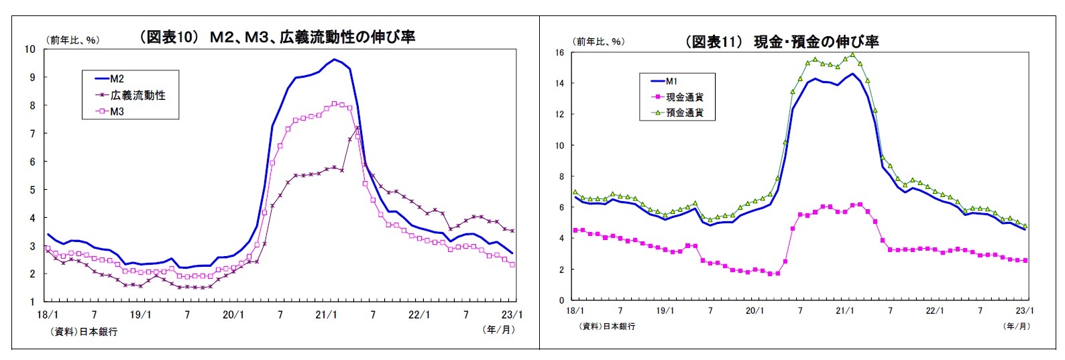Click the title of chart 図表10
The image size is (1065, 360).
tap(276, 38)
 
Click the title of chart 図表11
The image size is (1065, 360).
tap(781, 42)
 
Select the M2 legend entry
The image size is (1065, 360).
tap(117, 79)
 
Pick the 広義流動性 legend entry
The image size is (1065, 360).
tap(137, 95)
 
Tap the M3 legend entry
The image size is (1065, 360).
tap(117, 111)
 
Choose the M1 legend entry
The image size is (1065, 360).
tap(671, 81)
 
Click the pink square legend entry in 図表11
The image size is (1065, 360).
tap(684, 97)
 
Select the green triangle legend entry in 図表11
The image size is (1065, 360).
tap(684, 113)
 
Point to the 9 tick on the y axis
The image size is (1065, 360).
tap(31, 77)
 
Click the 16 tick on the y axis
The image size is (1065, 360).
tap(559, 52)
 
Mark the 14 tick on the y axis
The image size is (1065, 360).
tap(559, 83)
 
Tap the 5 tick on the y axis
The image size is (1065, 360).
tap(31, 190)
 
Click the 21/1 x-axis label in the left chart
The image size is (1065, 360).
tap(326, 314)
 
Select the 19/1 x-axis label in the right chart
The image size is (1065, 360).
tap(665, 310)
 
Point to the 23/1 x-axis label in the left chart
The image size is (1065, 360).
tap(512, 314)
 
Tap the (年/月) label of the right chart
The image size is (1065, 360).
tap(1017, 326)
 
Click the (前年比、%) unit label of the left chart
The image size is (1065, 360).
tap(72, 40)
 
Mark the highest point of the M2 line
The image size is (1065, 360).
tap(334, 60)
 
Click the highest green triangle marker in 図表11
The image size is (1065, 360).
tap(852, 55)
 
